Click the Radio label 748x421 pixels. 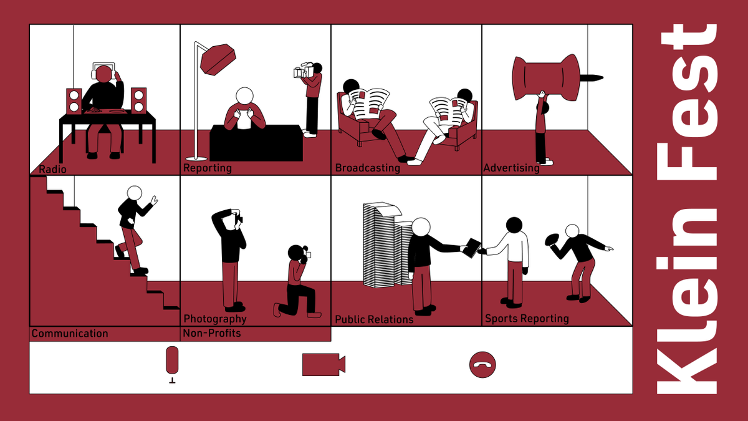[x=52, y=169]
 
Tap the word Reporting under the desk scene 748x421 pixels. [x=208, y=168]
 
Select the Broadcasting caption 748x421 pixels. [x=367, y=168]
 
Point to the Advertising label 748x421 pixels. [x=511, y=168]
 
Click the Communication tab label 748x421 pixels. [x=70, y=334]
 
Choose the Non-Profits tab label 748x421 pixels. [x=212, y=333]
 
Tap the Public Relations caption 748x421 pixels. [x=374, y=319]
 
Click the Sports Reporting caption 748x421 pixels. [x=527, y=319]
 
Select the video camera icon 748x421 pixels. [x=324, y=364]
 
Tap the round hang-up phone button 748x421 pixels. [x=482, y=364]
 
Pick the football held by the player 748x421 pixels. [x=551, y=240]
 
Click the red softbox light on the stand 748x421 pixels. [x=218, y=59]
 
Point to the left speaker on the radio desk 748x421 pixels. [x=74, y=101]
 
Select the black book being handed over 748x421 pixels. [x=471, y=248]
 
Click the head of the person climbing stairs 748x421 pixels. [x=135, y=193]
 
